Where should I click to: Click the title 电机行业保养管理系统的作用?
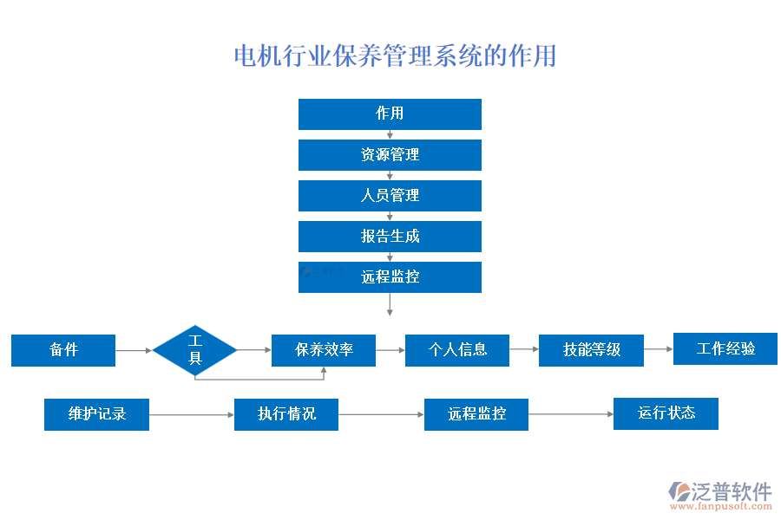click(x=395, y=56)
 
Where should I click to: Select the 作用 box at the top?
click(x=390, y=114)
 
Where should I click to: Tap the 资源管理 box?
click(x=390, y=155)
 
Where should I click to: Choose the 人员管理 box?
click(x=390, y=196)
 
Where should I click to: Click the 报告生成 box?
click(x=390, y=237)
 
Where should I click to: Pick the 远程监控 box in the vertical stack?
click(x=390, y=277)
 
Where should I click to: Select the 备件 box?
click(x=63, y=350)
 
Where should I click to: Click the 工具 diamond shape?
click(x=195, y=350)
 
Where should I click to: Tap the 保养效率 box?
click(x=324, y=350)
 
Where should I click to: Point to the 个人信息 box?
click(x=457, y=350)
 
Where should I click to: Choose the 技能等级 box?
click(x=591, y=350)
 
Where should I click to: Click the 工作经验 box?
click(x=725, y=348)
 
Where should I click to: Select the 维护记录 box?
click(x=97, y=414)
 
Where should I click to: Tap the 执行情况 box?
click(x=286, y=414)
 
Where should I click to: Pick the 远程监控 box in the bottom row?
click(x=476, y=414)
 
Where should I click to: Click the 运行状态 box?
click(x=666, y=413)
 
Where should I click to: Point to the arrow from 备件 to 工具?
click(x=134, y=350)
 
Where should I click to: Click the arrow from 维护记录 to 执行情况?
click(x=192, y=414)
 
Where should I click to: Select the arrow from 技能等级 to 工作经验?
click(x=659, y=349)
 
